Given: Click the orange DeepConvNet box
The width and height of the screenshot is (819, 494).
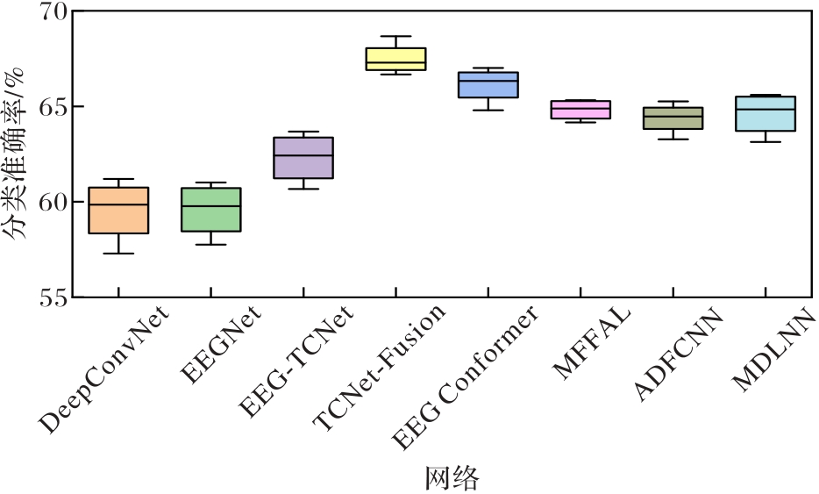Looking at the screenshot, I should click(x=118, y=211).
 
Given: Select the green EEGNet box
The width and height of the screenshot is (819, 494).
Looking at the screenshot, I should click(x=210, y=210).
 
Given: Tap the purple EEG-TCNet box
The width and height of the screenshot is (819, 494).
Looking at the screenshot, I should click(x=303, y=158).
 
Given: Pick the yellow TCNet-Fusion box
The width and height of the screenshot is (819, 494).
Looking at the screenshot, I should click(x=395, y=59).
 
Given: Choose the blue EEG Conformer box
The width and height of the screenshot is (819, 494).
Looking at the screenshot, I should click(x=488, y=85).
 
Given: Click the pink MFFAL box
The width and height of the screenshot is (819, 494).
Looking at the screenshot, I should click(x=580, y=110).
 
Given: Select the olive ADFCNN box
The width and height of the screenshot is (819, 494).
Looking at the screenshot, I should click(x=673, y=118).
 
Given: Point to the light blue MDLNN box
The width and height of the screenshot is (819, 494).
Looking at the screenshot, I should click(x=766, y=114).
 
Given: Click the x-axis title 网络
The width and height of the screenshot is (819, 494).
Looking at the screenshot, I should click(x=452, y=479).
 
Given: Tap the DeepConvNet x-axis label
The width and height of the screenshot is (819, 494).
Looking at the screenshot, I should click(x=104, y=369).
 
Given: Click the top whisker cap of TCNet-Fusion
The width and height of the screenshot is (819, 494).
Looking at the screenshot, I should click(x=395, y=37).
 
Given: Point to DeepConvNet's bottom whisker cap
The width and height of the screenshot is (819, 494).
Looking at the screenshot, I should click(x=118, y=254).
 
